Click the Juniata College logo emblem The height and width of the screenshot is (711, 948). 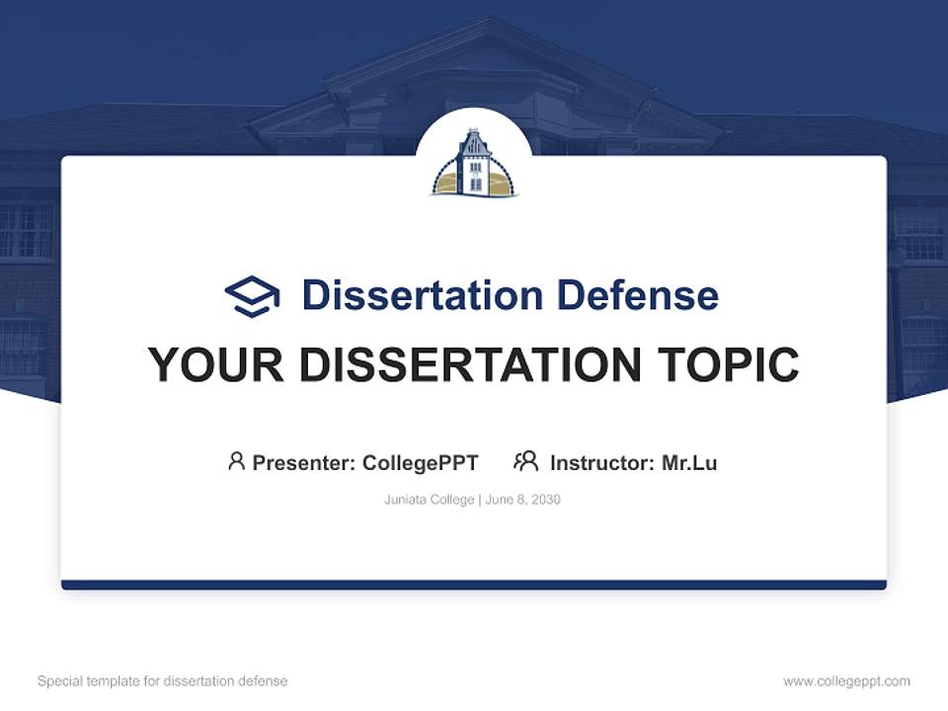[x=474, y=163]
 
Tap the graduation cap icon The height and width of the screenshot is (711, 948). [x=252, y=296]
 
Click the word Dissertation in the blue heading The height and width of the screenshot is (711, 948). [x=422, y=295]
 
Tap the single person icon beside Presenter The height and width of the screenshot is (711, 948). [x=236, y=461]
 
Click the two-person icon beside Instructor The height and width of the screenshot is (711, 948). [x=525, y=461]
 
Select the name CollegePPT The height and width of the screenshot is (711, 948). [x=420, y=463]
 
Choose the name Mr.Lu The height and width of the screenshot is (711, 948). [x=689, y=463]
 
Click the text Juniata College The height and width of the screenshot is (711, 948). [x=430, y=500]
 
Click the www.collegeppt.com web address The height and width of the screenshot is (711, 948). [x=846, y=681]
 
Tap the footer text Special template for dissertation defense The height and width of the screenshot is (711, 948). [x=163, y=681]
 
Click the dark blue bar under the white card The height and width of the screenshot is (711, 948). [x=474, y=585]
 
